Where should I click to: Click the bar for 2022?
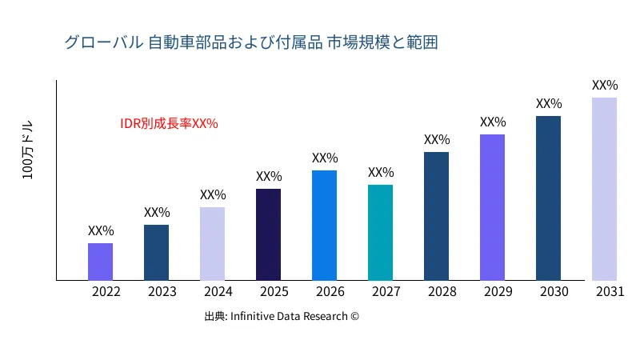click(x=100, y=262)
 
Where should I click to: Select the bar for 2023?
click(x=156, y=253)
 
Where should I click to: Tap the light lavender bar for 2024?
click(x=212, y=244)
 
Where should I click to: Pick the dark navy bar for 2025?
click(x=268, y=234)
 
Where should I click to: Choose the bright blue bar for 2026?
click(x=324, y=226)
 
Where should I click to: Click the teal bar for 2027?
click(x=380, y=233)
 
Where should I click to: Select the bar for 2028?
click(x=436, y=216)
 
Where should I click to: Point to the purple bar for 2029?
click(x=492, y=207)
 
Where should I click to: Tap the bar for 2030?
click(x=548, y=198)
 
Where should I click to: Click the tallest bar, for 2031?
click(x=604, y=189)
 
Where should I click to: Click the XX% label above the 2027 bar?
click(x=381, y=172)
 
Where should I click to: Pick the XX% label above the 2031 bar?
click(x=605, y=85)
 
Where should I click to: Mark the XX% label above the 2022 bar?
click(x=101, y=230)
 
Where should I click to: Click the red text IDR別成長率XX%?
click(x=169, y=123)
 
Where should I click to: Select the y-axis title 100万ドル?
click(x=28, y=151)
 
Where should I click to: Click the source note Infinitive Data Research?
click(x=282, y=316)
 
